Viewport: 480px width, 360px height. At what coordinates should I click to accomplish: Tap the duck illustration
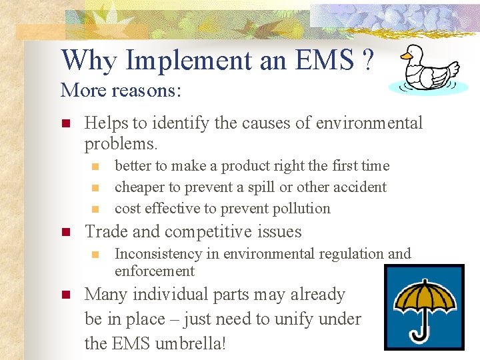pyautogui.click(x=427, y=69)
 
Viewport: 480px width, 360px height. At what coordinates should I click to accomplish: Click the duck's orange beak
pyautogui.click(x=406, y=57)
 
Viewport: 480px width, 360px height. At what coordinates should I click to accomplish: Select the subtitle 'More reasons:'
pyautogui.click(x=120, y=89)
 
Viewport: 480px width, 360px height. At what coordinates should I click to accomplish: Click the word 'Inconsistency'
pyautogui.click(x=158, y=254)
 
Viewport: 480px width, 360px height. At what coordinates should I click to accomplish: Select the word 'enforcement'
pyautogui.click(x=155, y=271)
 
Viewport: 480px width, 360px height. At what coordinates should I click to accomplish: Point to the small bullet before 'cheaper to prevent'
pyautogui.click(x=95, y=187)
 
